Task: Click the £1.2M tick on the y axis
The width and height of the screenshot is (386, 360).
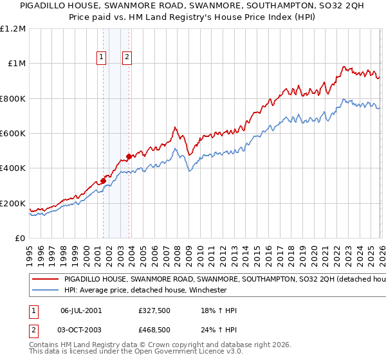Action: point(14,28)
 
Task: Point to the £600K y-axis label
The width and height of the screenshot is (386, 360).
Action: point(14,134)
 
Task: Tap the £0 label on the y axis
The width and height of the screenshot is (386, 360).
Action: point(21,239)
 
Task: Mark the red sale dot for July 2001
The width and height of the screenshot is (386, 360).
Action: point(103,181)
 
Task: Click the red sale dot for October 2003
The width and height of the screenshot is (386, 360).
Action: point(129,156)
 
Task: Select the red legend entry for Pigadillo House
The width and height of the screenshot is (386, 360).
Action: point(212,280)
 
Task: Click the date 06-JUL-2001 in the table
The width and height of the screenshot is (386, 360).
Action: point(80,310)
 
